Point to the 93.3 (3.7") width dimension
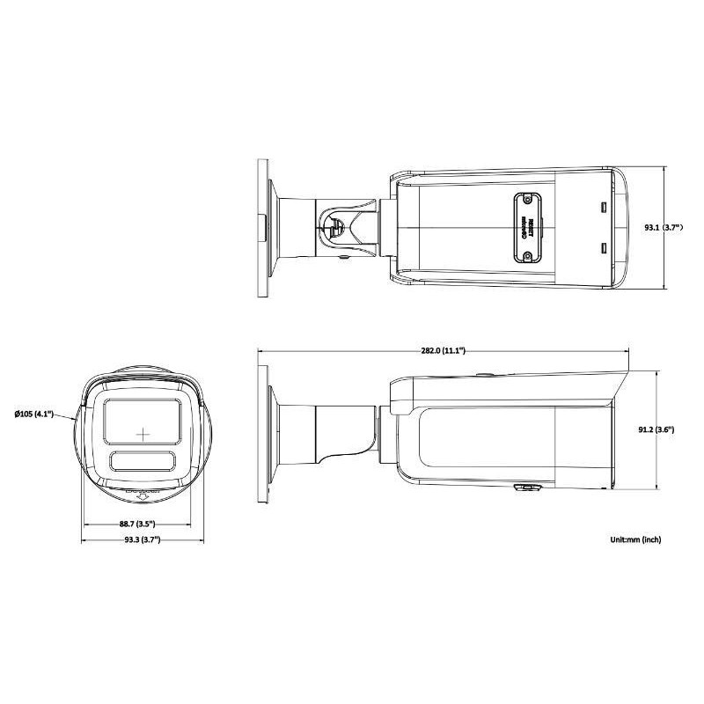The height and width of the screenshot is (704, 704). click(141, 539)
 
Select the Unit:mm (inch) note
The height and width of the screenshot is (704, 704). click(634, 539)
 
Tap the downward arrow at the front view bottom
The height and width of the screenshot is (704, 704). click(143, 499)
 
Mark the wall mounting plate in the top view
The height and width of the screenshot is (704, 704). click(262, 228)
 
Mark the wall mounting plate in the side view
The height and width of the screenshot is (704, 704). click(262, 431)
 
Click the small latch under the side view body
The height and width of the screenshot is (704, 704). click(525, 486)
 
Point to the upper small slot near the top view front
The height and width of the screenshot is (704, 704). click(603, 208)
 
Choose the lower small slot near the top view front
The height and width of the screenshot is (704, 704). click(603, 248)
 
